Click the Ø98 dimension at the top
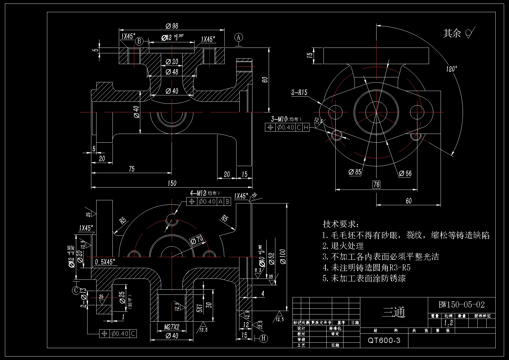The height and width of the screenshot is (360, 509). pos(172,26)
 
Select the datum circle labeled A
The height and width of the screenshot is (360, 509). pos(239,37)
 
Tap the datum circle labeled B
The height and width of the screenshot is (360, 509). pos(139,41)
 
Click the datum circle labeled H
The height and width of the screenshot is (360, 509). pos(263,338)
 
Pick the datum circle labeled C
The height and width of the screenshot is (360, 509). pos(76,290)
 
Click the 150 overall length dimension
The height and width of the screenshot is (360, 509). pos(172,183)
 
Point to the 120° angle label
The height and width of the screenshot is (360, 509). pos(452,69)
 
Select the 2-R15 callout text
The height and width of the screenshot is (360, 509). pos(299,92)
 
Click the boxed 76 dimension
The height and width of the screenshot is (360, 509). pos(376,184)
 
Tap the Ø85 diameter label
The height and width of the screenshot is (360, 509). pos(355,172)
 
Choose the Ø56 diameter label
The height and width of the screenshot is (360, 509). pos(405,173)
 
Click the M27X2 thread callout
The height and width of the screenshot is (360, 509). pos(172,327)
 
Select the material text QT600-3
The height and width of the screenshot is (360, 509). pos(384,340)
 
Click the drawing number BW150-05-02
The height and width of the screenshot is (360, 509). pos(461,305)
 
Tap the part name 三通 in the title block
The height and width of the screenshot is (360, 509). pos(394,312)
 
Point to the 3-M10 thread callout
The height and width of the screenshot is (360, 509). pos(286,119)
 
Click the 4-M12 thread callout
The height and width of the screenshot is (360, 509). pos(204,193)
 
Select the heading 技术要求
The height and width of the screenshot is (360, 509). pos(341,224)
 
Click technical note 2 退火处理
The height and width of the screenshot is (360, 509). pos(343,246)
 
